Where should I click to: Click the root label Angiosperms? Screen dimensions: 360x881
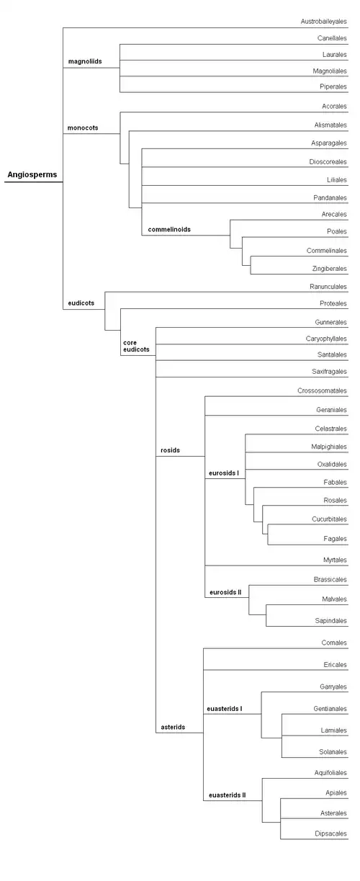32,174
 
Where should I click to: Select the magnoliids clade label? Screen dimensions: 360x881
85,61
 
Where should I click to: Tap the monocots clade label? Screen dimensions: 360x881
83,128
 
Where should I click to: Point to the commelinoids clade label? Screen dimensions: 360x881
169,229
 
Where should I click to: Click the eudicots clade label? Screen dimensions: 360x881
81,303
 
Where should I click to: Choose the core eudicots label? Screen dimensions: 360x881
136,346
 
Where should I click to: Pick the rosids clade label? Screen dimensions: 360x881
170,450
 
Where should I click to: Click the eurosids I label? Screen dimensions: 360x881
224,473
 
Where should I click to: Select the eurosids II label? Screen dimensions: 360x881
225,592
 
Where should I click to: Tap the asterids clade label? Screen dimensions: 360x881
173,727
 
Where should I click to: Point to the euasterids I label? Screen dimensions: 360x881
225,708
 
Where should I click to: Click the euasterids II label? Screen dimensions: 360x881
228,795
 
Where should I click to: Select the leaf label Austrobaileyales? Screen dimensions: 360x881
324,22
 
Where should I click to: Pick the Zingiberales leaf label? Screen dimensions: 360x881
329,269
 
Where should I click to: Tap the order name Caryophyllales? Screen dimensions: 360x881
326,339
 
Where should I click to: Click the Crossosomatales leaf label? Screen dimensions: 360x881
322,390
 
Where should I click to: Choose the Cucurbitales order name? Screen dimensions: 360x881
329,519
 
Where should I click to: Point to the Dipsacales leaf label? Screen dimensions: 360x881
330,833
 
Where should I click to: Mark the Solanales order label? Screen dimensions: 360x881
333,751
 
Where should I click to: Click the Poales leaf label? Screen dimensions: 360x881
337,231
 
